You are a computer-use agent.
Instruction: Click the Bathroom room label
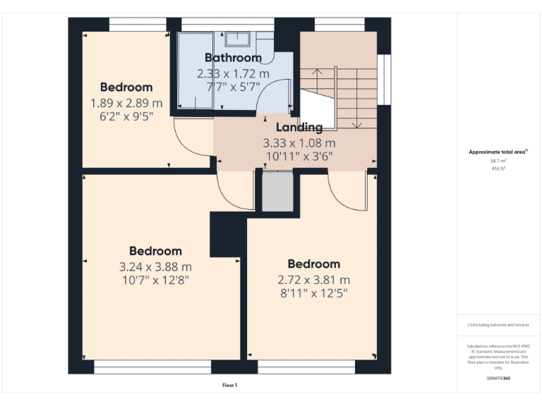click(x=233, y=58)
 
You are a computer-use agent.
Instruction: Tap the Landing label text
click(x=299, y=128)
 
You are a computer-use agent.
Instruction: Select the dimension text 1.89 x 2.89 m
click(x=126, y=103)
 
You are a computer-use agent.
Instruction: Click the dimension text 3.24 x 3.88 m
click(x=155, y=266)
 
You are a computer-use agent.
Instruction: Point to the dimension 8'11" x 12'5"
click(x=313, y=293)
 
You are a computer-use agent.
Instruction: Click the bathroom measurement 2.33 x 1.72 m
click(x=233, y=73)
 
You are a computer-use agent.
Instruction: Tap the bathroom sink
click(x=236, y=38)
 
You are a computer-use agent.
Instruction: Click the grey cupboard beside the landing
click(x=277, y=192)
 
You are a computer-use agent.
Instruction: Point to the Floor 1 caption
click(x=229, y=386)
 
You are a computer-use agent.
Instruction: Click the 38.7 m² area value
click(x=498, y=161)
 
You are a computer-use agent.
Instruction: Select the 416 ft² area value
click(x=498, y=169)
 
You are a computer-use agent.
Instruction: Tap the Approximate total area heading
click(x=498, y=152)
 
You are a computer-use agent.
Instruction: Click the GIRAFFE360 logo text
click(x=498, y=379)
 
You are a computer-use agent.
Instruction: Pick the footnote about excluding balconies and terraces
click(x=498, y=325)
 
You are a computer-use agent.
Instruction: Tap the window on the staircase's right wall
click(x=384, y=79)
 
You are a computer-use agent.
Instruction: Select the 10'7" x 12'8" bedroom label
click(x=155, y=280)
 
